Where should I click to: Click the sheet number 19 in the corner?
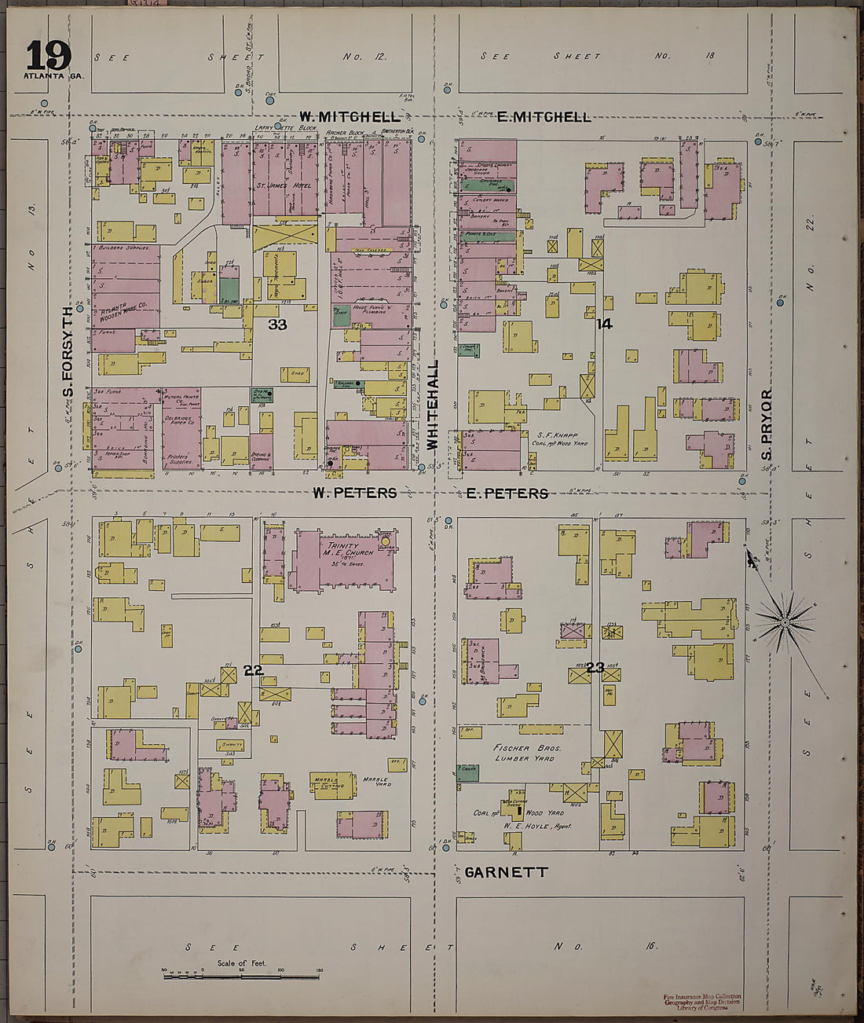tap(48, 56)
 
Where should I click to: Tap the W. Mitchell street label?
tap(339, 117)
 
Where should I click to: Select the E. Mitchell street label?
tap(544, 117)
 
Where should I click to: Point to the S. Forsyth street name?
tap(68, 352)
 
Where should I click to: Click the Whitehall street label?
tap(431, 405)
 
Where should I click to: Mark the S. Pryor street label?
tap(767, 424)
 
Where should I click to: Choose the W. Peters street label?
tap(354, 493)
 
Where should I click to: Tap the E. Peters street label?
tap(507, 493)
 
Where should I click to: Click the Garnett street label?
tap(506, 872)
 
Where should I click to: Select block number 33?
tap(277, 324)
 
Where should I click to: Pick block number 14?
tap(603, 323)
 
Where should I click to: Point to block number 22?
tap(253, 669)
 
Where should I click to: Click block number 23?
tap(595, 668)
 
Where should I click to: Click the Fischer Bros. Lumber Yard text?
tap(527, 753)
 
